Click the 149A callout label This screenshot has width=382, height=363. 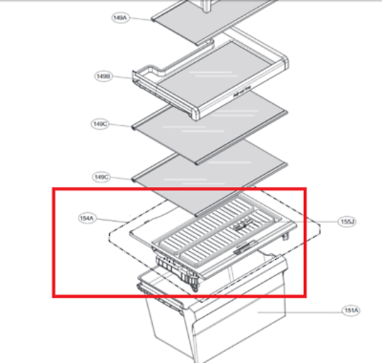click(x=120, y=17)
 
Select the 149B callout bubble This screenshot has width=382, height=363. click(x=103, y=75)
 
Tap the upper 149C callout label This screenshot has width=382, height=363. click(x=100, y=124)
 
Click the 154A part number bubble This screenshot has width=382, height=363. click(x=87, y=219)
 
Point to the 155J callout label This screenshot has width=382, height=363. click(x=347, y=221)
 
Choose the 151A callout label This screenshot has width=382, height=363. click(x=351, y=311)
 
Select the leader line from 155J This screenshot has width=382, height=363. click(x=316, y=221)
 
